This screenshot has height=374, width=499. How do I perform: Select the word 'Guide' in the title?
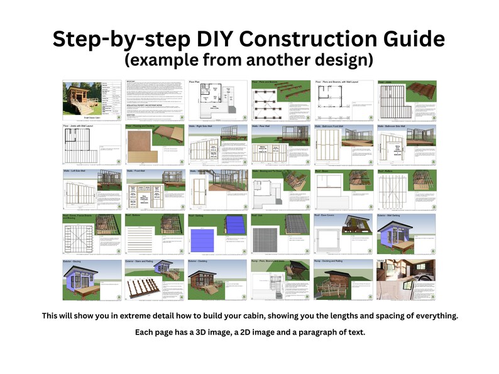pos(409,39)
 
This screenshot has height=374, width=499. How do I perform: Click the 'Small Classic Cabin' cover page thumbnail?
pos(92,100)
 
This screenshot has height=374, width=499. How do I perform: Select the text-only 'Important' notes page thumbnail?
pos(155,100)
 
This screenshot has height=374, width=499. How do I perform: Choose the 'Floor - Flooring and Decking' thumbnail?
pos(155,144)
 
